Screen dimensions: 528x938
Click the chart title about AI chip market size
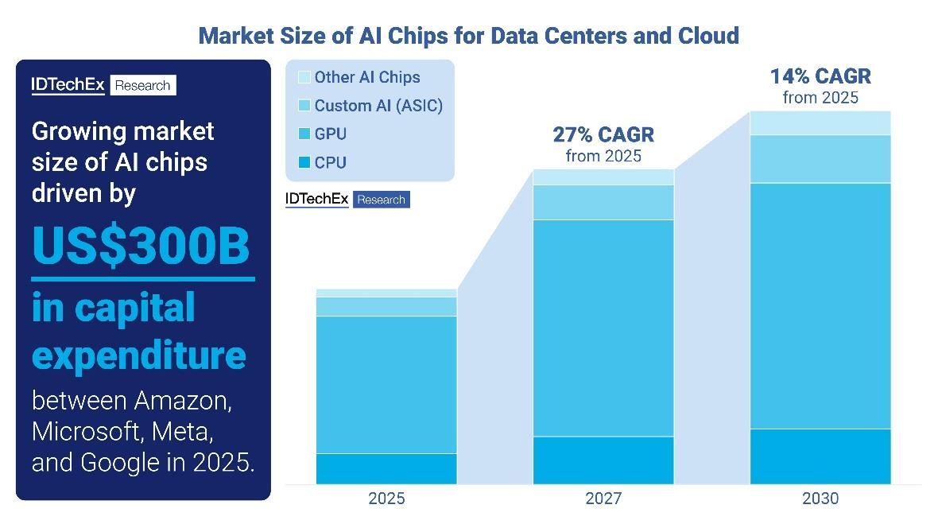point(468,36)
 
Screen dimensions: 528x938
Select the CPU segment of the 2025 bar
point(386,468)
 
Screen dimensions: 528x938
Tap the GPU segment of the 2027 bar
point(603,328)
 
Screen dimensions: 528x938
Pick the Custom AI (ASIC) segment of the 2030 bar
point(820,159)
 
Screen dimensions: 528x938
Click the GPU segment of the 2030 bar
point(820,306)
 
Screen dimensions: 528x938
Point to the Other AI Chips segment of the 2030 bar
point(820,123)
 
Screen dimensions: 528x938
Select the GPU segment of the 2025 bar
point(386,385)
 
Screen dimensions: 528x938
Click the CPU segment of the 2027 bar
point(603,460)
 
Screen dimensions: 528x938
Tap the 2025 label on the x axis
point(386,499)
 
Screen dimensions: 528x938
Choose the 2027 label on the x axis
point(603,499)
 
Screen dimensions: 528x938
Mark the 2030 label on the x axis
point(820,499)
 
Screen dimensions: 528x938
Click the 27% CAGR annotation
point(603,134)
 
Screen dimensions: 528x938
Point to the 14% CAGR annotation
point(820,77)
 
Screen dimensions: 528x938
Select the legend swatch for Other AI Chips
point(304,77)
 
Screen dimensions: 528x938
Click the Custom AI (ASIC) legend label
point(378,106)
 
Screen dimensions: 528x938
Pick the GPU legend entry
point(323,134)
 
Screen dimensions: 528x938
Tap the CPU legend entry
point(323,162)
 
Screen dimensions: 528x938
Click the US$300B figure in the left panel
point(141,247)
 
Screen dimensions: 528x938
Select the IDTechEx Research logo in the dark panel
point(103,85)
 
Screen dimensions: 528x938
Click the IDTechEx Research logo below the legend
point(347,200)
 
